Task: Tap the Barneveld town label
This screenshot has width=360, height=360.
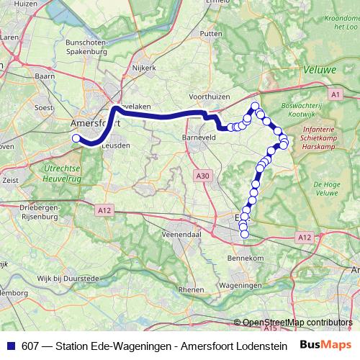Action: click(x=199, y=135)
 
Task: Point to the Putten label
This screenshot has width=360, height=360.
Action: click(x=211, y=33)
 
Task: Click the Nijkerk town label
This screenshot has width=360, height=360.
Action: click(x=145, y=69)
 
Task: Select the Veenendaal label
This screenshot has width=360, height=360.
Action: click(x=181, y=234)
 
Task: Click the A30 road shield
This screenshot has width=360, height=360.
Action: click(x=203, y=175)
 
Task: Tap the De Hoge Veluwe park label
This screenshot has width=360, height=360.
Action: click(x=326, y=189)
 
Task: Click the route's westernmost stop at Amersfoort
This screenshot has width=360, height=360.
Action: click(x=76, y=138)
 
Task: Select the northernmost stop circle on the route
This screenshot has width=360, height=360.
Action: click(x=255, y=107)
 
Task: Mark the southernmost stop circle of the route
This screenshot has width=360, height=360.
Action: click(x=243, y=233)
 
